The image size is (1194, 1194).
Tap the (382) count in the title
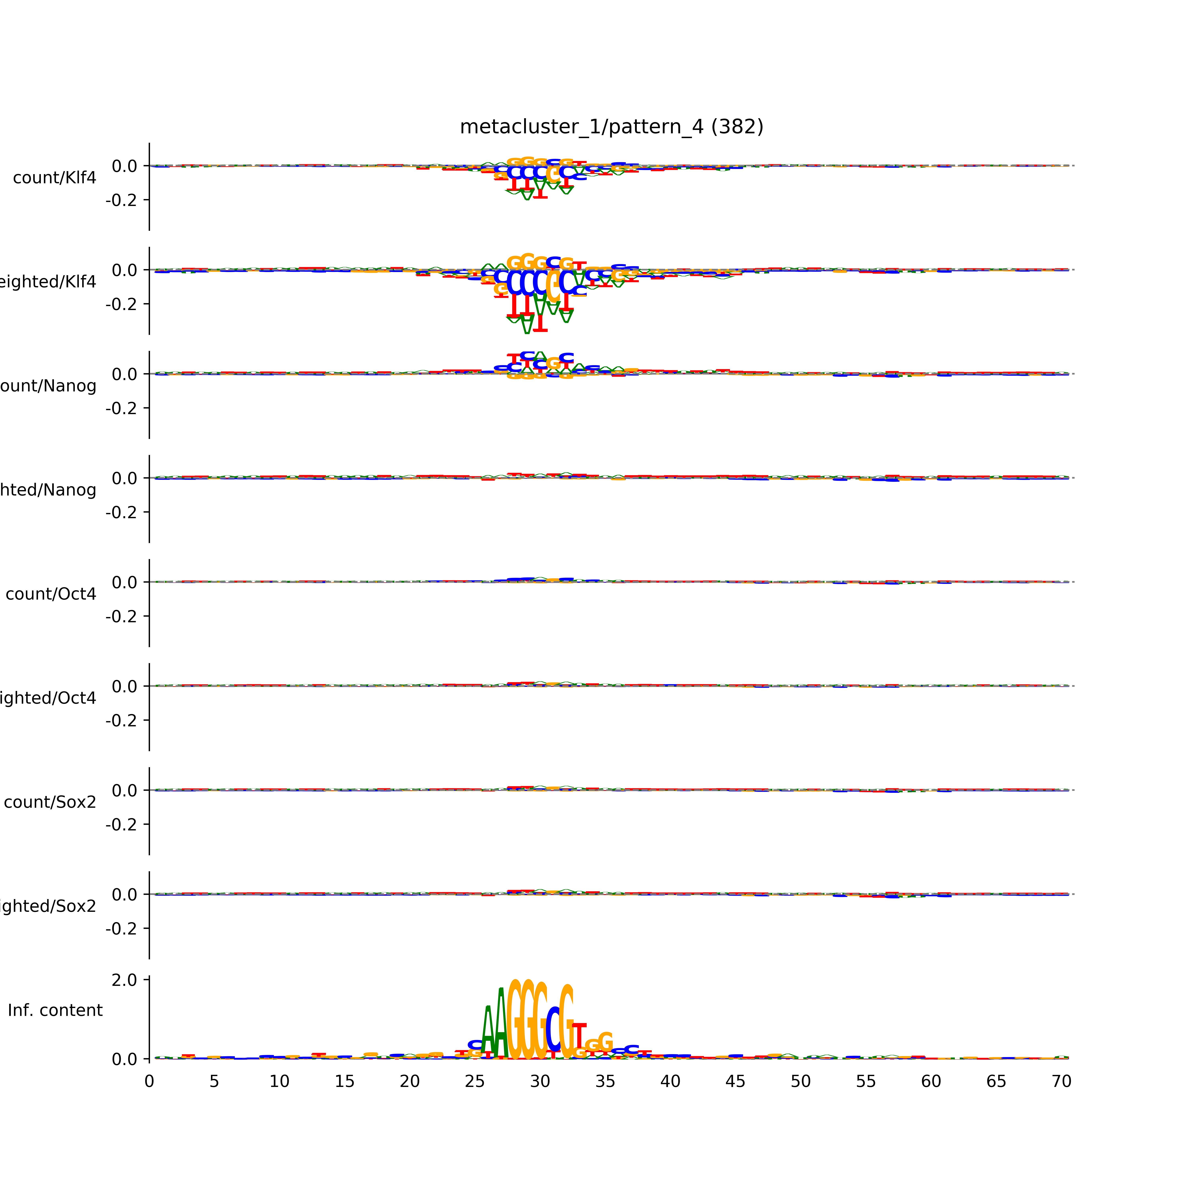[x=737, y=127]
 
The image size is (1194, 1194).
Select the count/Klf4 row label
[x=54, y=178]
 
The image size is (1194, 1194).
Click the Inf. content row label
[x=55, y=1011]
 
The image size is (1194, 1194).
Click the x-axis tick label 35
[x=605, y=1082]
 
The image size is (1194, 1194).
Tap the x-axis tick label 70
[x=1061, y=1082]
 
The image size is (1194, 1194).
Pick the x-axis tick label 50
[x=800, y=1082]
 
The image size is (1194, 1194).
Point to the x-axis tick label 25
[x=475, y=1082]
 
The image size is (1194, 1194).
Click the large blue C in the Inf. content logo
[x=553, y=1029]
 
